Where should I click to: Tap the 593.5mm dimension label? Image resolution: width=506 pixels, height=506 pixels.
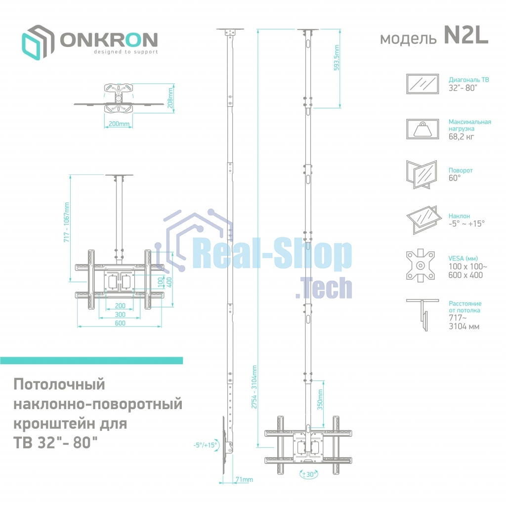[337, 58]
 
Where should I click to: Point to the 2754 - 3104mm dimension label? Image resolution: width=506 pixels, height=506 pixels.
[254, 387]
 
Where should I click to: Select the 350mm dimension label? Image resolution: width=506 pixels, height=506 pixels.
[320, 399]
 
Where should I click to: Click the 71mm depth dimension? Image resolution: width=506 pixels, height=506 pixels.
[244, 479]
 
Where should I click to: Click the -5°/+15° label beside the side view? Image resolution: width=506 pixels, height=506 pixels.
[205, 445]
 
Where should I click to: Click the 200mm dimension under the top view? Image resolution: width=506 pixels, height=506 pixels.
[118, 124]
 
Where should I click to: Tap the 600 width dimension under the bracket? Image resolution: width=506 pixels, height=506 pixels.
[120, 323]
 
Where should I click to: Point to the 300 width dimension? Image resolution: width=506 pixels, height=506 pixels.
[120, 314]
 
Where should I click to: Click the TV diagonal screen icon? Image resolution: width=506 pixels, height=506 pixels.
[422, 84]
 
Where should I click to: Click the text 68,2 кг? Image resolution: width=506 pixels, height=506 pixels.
[461, 137]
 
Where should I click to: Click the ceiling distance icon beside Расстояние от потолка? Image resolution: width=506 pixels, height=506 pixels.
[422, 314]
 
